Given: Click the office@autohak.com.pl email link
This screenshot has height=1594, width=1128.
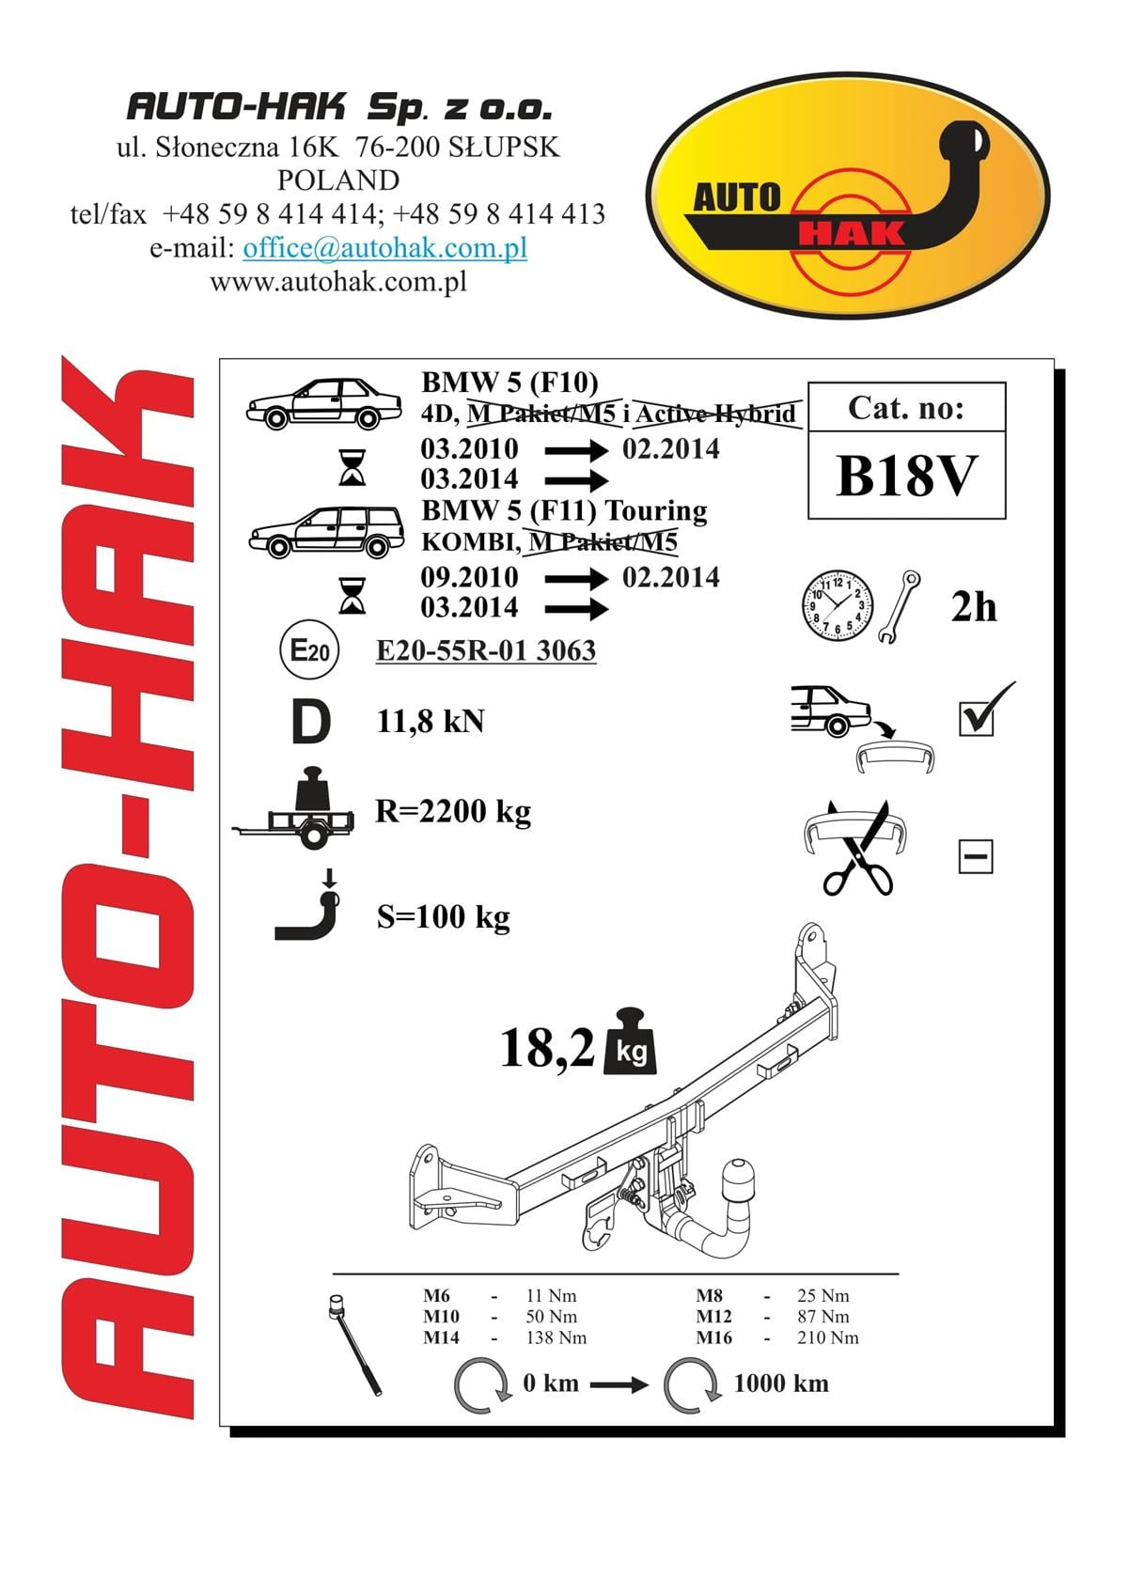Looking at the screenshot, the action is point(385,248).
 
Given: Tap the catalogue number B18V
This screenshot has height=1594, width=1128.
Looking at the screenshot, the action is point(906,476).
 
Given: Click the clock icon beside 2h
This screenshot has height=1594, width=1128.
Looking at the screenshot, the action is point(837,605).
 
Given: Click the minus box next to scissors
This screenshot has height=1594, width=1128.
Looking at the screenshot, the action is point(975,856).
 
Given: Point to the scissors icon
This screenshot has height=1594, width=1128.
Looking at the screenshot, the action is point(857,848).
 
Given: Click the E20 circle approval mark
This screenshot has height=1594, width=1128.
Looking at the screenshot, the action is point(310,649).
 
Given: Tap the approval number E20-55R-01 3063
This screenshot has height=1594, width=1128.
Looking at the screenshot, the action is point(486,650).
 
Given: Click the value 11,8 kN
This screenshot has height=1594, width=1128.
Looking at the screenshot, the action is point(431,722).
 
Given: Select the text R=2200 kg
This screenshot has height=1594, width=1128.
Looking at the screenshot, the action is point(453,811).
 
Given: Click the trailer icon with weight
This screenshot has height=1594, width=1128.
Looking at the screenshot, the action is point(294,808).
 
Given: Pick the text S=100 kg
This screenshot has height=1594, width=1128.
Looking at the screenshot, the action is point(444,916).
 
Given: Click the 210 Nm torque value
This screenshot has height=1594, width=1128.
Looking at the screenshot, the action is point(828,1337).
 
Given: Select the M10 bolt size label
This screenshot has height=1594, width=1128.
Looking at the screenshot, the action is point(441,1317).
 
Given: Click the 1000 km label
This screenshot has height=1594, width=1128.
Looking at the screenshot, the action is point(781,1383).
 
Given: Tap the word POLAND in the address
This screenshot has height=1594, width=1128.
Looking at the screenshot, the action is point(338,180).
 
